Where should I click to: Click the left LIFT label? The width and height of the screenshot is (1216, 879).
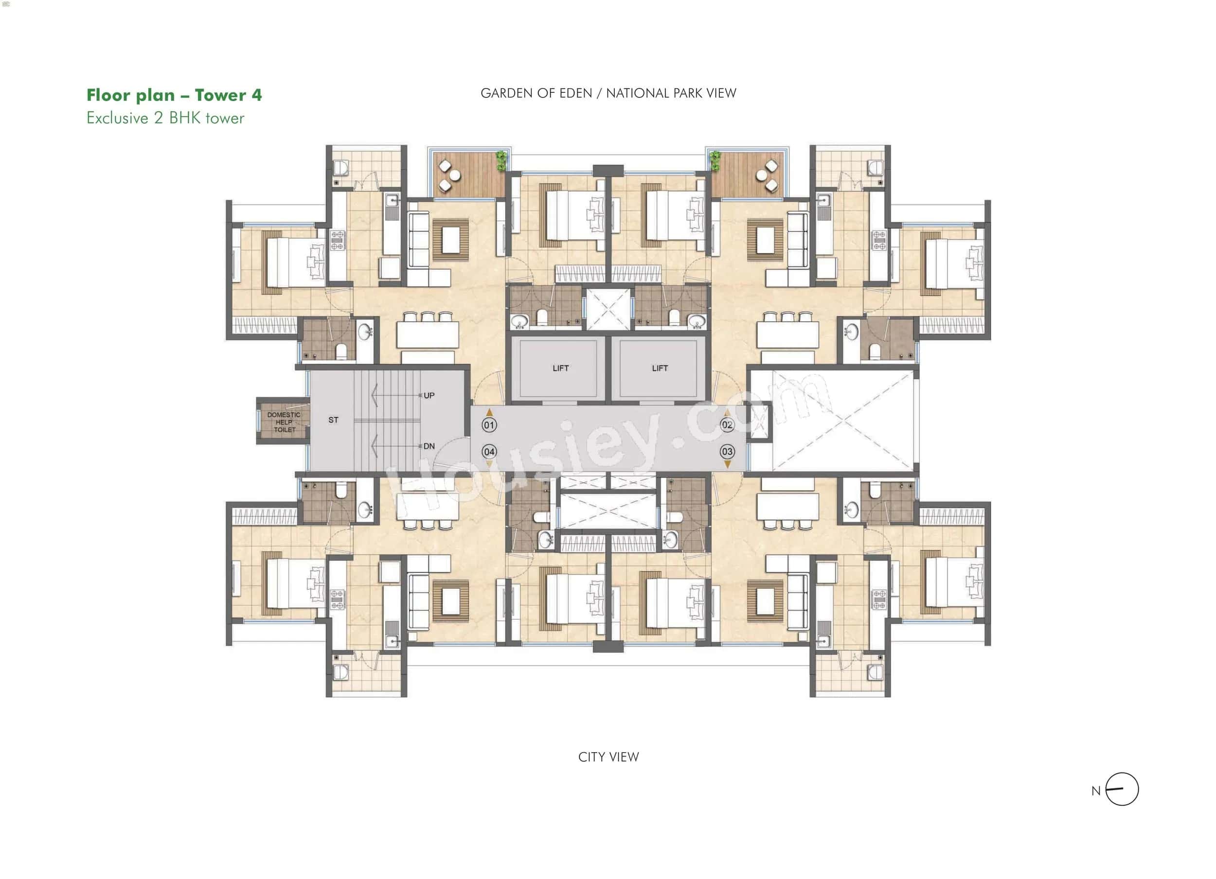560,368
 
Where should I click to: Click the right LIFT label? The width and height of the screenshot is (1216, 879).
660,368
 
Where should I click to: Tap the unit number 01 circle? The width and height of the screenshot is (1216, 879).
489,425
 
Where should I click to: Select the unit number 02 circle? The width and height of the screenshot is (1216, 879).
727,425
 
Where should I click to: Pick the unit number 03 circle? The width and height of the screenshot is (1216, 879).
727,452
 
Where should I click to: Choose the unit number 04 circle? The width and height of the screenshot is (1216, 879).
489,452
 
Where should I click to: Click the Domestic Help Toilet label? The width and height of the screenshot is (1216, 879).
284,422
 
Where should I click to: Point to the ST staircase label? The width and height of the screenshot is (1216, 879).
334,420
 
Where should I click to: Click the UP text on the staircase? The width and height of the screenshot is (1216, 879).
429,396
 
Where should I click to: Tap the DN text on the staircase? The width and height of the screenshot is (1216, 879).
429,446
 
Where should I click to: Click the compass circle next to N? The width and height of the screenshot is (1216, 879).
1122,790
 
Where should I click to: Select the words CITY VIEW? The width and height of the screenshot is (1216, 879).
608,757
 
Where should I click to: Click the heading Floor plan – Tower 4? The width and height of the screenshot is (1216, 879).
174,95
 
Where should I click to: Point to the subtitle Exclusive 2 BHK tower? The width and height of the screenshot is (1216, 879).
165,119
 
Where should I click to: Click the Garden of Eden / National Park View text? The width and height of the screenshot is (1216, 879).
608,93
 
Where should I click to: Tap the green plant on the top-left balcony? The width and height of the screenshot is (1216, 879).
501,160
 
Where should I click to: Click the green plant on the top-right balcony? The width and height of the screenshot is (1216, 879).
715,160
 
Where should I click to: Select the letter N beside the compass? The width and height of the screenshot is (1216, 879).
1095,791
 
